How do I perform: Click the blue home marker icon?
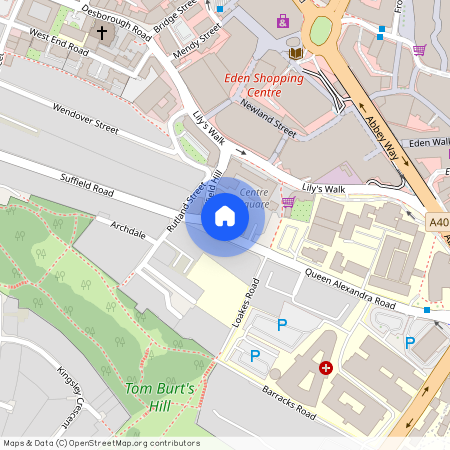(225, 217)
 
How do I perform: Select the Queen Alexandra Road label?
(350, 287)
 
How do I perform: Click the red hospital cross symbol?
(325, 368)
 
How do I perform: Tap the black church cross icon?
(101, 34)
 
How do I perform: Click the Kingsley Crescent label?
(69, 394)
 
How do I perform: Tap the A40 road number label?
(439, 222)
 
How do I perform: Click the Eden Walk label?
(428, 142)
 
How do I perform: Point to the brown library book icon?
(295, 52)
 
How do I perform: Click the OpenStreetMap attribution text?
(101, 443)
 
